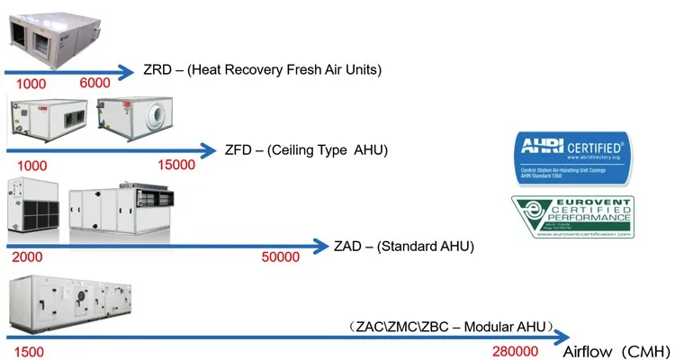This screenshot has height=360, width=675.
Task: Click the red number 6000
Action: [94, 83]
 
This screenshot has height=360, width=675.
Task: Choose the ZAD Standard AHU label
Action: [403, 246]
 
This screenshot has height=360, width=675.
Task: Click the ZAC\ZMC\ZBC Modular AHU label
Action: [450, 325]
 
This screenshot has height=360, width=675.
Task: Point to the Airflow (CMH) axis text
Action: [616, 350]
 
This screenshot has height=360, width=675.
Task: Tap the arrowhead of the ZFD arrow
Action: [211, 149]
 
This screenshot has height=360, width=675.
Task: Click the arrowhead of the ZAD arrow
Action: [322, 245]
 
